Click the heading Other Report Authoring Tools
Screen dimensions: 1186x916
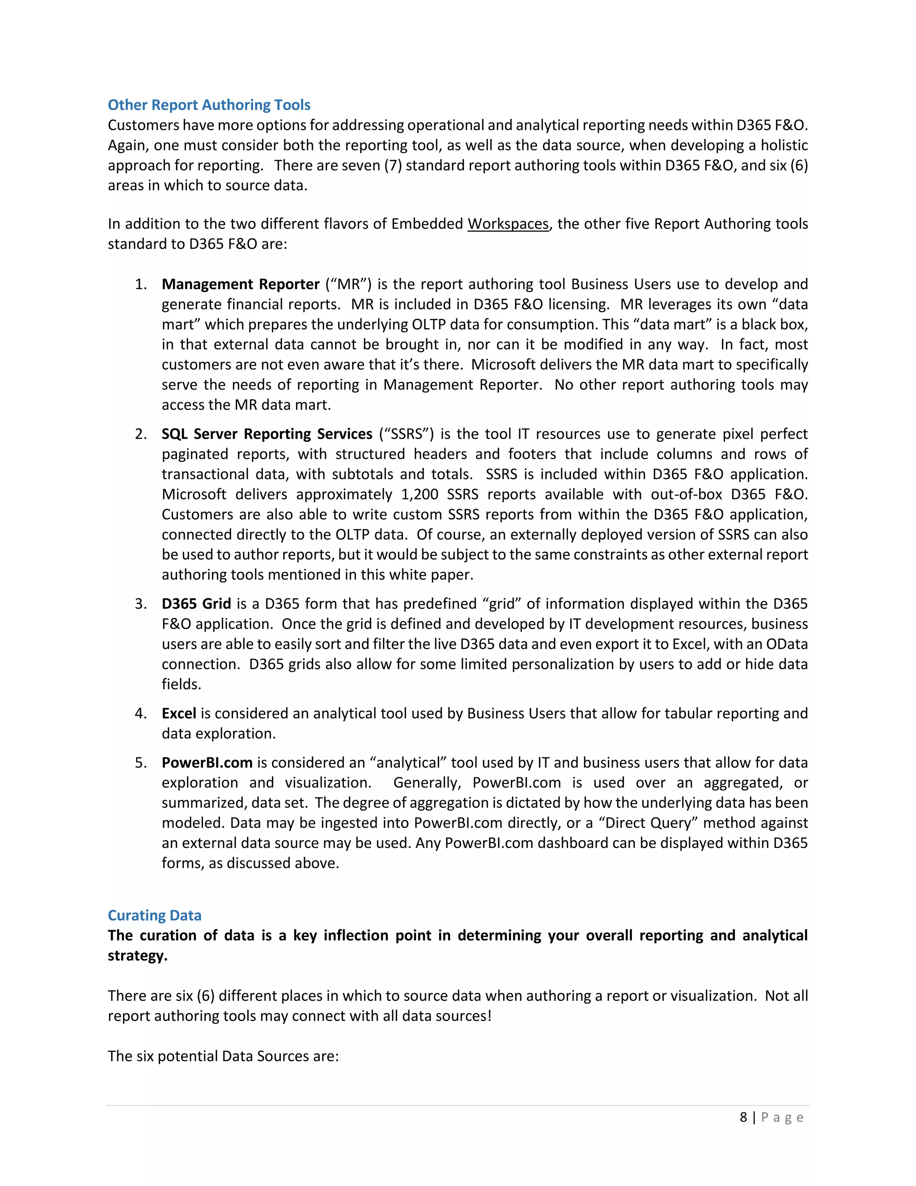[209, 105]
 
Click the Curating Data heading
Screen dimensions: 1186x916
[154, 915]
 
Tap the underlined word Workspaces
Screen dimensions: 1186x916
[508, 224]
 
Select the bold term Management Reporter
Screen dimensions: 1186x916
[240, 284]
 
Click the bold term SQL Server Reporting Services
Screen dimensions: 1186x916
[267, 434]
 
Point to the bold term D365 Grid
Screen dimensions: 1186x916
[196, 603]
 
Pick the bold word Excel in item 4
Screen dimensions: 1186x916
[178, 713]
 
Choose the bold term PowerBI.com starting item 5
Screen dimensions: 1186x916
[207, 763]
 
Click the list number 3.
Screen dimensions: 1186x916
[140, 603]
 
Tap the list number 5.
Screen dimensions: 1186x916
[140, 763]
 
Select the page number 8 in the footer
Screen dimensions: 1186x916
[743, 1117]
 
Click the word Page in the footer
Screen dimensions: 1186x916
[782, 1117]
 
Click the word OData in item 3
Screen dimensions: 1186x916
[786, 644]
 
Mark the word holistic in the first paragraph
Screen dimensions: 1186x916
[784, 145]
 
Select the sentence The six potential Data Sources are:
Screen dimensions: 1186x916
[223, 1056]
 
